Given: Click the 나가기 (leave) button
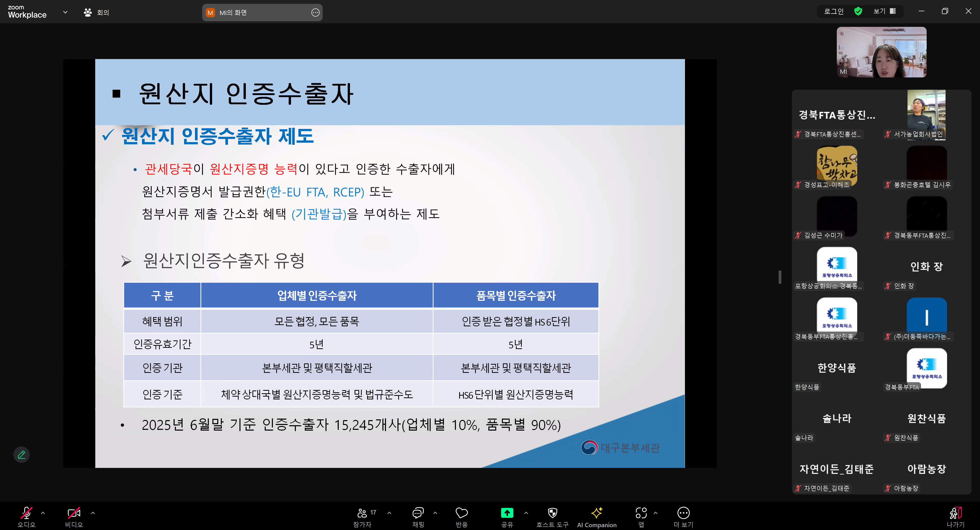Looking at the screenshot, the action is [x=955, y=513].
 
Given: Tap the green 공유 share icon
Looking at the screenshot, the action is [x=507, y=513].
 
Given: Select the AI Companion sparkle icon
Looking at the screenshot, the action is [x=597, y=512].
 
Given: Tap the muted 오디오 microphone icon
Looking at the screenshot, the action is [x=26, y=513].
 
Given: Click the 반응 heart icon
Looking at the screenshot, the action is [x=462, y=513].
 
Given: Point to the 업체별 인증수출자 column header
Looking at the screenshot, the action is [x=317, y=295].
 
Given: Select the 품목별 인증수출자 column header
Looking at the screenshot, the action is [x=516, y=295].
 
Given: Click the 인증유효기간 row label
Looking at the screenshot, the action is [x=162, y=344].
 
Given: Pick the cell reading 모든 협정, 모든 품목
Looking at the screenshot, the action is [x=317, y=321].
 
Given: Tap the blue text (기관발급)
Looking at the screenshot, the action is [x=319, y=214].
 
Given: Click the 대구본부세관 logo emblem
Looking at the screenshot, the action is [x=589, y=447].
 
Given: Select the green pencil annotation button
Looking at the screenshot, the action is [x=21, y=455].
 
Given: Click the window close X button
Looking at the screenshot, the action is [x=968, y=11].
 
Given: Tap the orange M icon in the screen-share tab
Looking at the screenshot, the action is [x=210, y=13].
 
